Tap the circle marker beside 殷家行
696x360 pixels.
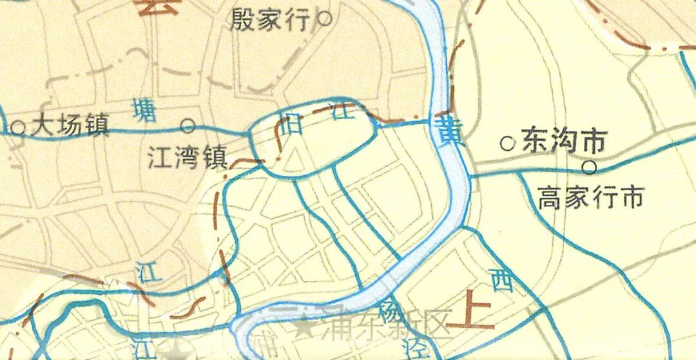point(325,19)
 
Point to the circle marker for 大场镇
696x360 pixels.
point(19,128)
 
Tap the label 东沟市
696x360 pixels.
point(564,141)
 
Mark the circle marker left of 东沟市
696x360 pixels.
point(508,143)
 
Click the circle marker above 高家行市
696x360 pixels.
point(589,167)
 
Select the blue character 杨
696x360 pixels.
point(391,314)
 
